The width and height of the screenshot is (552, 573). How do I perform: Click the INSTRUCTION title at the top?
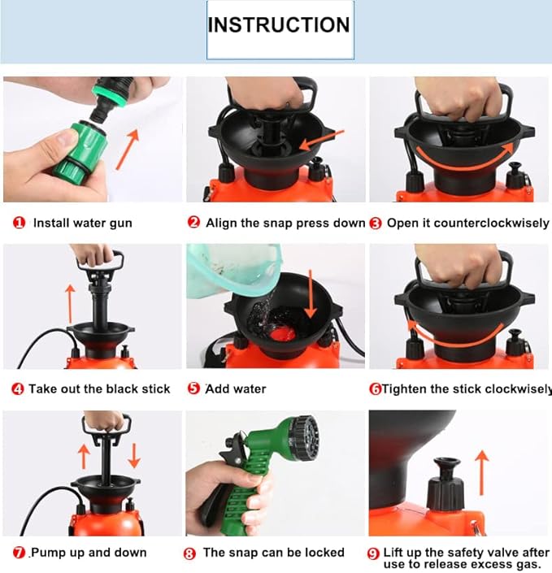pyautogui.click(x=279, y=24)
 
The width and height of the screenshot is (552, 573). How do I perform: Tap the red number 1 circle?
pyautogui.click(x=19, y=223)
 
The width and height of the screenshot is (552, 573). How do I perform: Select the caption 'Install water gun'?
pyautogui.click(x=82, y=223)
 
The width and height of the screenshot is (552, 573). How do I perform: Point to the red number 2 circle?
pyautogui.click(x=193, y=223)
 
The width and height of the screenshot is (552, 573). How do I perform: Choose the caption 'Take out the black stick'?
pyautogui.click(x=99, y=389)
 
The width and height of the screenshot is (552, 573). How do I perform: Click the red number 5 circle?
pyautogui.click(x=193, y=389)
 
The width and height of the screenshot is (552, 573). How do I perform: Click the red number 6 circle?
pyautogui.click(x=376, y=389)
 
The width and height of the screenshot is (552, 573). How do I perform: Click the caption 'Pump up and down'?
pyautogui.click(x=89, y=553)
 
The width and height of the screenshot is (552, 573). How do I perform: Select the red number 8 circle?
pyautogui.click(x=190, y=553)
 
